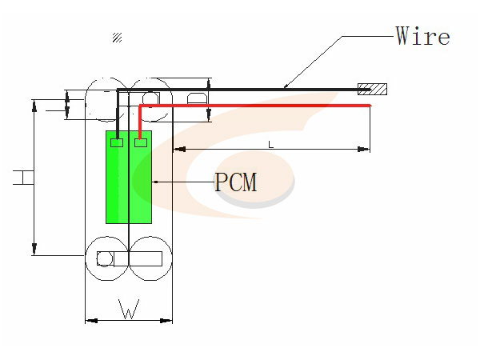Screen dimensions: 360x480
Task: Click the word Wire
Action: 422,36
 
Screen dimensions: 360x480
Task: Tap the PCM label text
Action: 236,182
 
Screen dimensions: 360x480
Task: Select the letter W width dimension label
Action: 128,309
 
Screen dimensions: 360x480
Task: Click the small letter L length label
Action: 271,144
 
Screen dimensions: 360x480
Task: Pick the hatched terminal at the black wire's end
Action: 373,88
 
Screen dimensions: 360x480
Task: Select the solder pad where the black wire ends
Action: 117,143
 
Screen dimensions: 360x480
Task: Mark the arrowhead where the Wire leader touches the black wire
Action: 286,86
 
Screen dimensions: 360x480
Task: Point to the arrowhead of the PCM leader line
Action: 155,182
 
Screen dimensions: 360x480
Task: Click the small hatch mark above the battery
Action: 118,37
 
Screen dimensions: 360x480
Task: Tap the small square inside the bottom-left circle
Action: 104,258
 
